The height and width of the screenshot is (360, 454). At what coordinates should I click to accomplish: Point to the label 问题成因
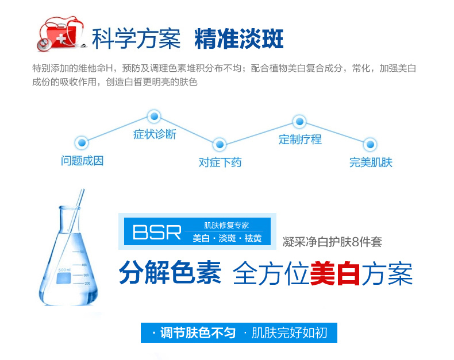82,161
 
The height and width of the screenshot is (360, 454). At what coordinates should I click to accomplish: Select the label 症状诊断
155,134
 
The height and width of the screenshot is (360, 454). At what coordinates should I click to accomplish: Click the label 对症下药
220,162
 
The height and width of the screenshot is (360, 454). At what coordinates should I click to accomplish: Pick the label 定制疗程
300,139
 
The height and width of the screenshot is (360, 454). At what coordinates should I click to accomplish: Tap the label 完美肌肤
371,162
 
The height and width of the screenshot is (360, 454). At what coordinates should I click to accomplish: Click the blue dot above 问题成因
82,142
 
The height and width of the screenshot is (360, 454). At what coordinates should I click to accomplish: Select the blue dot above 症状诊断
153,117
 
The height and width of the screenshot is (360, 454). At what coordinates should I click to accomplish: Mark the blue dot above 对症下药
219,144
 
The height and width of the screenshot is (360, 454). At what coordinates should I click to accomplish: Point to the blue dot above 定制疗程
299,121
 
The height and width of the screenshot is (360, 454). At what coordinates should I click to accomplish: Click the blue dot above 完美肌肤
371,144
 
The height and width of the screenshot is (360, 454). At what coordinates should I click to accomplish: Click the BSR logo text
157,232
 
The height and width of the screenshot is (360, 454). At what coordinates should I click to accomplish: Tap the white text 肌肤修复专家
226,226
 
